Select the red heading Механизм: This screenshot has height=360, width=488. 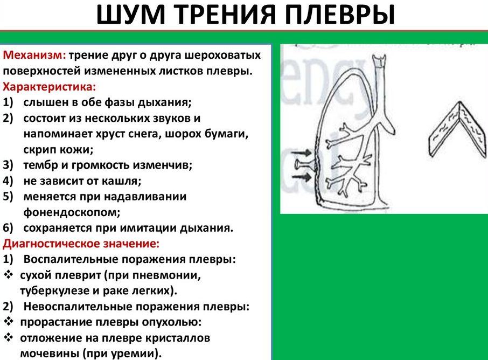[34, 56]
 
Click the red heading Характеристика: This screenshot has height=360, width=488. [50, 86]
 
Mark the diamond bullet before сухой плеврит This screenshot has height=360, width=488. [9, 275]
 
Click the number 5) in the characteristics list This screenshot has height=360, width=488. [9, 196]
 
